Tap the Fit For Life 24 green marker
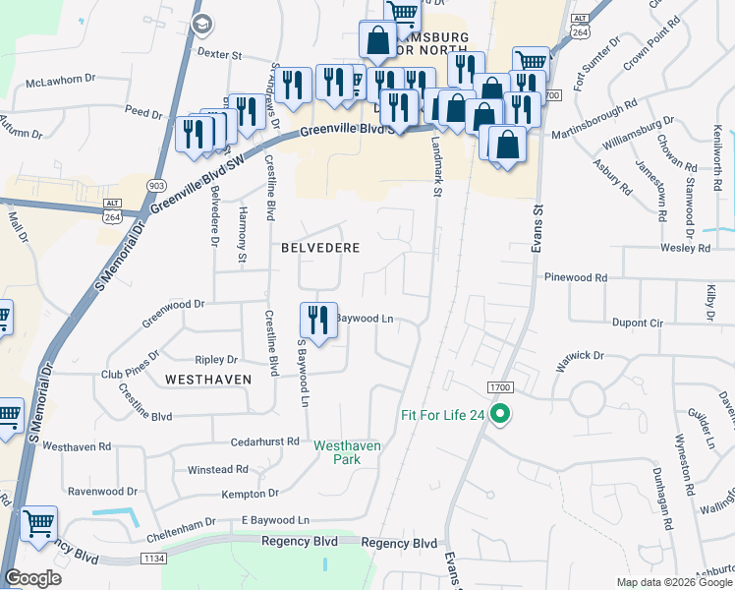[x=500, y=415]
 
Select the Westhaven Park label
[x=347, y=452]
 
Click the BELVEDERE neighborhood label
[x=320, y=248]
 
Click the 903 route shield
[x=156, y=185]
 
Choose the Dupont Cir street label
[x=638, y=323]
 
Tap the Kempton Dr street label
[x=251, y=493]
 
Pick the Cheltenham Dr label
[x=181, y=523]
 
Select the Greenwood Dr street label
[x=173, y=305]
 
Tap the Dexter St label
[x=219, y=55]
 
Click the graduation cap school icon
[x=201, y=24]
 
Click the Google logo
[x=32, y=577]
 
